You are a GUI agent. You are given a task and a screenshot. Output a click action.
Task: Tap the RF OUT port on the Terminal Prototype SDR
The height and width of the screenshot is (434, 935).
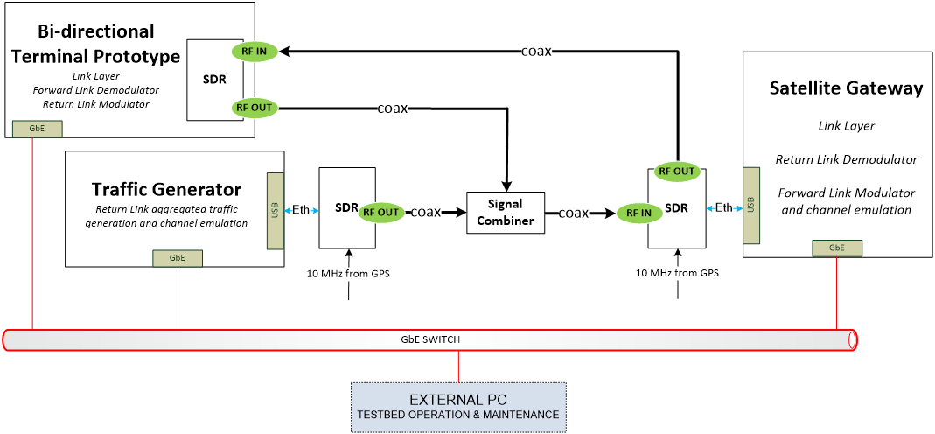(255, 108)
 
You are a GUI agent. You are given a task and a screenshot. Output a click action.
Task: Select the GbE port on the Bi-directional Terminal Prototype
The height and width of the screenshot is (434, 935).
(37, 128)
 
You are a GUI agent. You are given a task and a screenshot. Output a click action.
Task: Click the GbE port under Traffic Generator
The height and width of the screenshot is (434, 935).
(178, 258)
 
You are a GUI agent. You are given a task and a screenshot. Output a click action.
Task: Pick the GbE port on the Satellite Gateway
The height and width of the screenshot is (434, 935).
(836, 248)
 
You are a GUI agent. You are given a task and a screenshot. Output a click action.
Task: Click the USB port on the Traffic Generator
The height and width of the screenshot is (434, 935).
(276, 210)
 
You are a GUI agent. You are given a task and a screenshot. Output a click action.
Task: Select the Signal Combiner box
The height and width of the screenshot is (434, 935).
(506, 213)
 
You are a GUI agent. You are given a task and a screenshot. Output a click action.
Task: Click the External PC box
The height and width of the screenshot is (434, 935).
(459, 407)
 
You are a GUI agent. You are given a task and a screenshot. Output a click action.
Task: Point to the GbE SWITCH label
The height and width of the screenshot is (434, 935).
(430, 339)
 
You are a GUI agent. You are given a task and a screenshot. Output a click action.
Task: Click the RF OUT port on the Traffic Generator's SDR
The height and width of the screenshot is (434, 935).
(381, 212)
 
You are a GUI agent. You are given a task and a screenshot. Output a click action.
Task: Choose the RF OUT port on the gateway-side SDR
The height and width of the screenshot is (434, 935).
(677, 171)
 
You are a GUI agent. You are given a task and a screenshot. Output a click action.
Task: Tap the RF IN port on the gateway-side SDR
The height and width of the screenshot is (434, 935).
(638, 213)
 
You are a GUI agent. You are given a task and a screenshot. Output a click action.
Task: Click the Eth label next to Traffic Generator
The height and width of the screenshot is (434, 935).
(300, 210)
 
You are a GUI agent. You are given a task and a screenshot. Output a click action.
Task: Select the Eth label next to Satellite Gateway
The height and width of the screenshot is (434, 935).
(724, 208)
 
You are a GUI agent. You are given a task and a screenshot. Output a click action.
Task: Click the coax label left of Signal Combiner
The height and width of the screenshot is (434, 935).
(425, 212)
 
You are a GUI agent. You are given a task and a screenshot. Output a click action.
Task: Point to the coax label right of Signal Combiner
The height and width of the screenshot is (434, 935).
(574, 213)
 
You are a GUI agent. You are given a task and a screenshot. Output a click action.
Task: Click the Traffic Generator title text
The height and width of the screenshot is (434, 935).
(166, 189)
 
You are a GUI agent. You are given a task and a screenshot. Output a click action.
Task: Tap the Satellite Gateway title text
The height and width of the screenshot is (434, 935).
(846, 88)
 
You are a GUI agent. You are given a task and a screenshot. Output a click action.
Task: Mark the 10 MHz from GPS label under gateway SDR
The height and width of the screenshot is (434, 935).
(678, 273)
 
